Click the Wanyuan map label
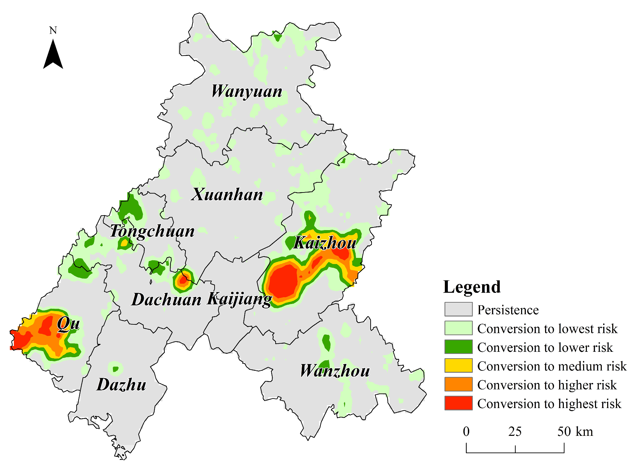(247, 92)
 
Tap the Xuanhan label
(227, 195)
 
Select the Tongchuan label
(152, 231)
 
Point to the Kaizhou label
(325, 243)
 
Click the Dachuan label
(166, 300)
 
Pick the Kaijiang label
(239, 299)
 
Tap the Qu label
(68, 324)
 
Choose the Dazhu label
(121, 385)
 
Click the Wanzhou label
(335, 371)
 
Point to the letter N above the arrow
(53, 31)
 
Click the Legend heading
(472, 287)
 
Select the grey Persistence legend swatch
(458, 309)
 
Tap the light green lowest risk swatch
(458, 328)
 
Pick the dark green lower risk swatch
(458, 347)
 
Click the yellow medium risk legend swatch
(458, 366)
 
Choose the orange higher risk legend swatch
(458, 384)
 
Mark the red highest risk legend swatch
(458, 403)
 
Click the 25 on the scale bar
(515, 431)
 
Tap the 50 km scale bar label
(575, 431)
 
